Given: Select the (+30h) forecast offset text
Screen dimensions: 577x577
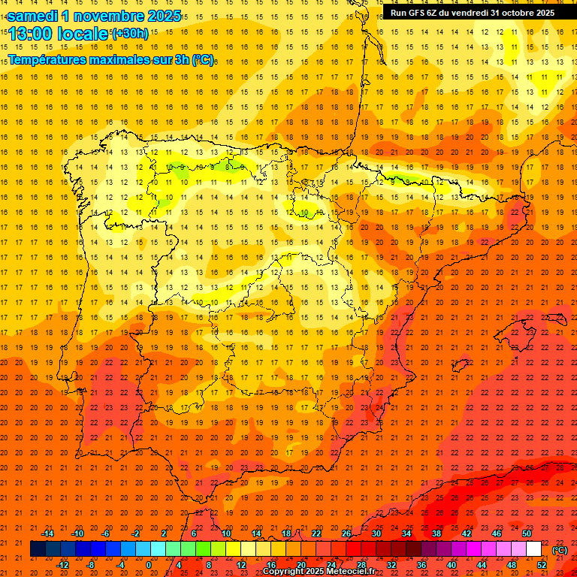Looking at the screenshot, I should coord(130,34).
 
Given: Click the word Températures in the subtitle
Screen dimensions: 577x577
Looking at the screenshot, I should coord(45,59).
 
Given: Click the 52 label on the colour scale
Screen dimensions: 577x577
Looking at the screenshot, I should coord(542,565).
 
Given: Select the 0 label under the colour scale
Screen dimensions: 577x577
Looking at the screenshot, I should coord(149,565).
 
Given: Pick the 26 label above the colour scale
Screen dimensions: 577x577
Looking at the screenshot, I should coord(346,533).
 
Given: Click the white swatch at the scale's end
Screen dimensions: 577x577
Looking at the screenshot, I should coord(533,549).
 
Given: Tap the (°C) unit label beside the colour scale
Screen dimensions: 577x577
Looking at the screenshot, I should coord(560,550).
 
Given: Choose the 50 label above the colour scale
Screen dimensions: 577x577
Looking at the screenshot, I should coord(527,533).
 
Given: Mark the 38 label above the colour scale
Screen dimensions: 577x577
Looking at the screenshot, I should coord(437,533).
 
